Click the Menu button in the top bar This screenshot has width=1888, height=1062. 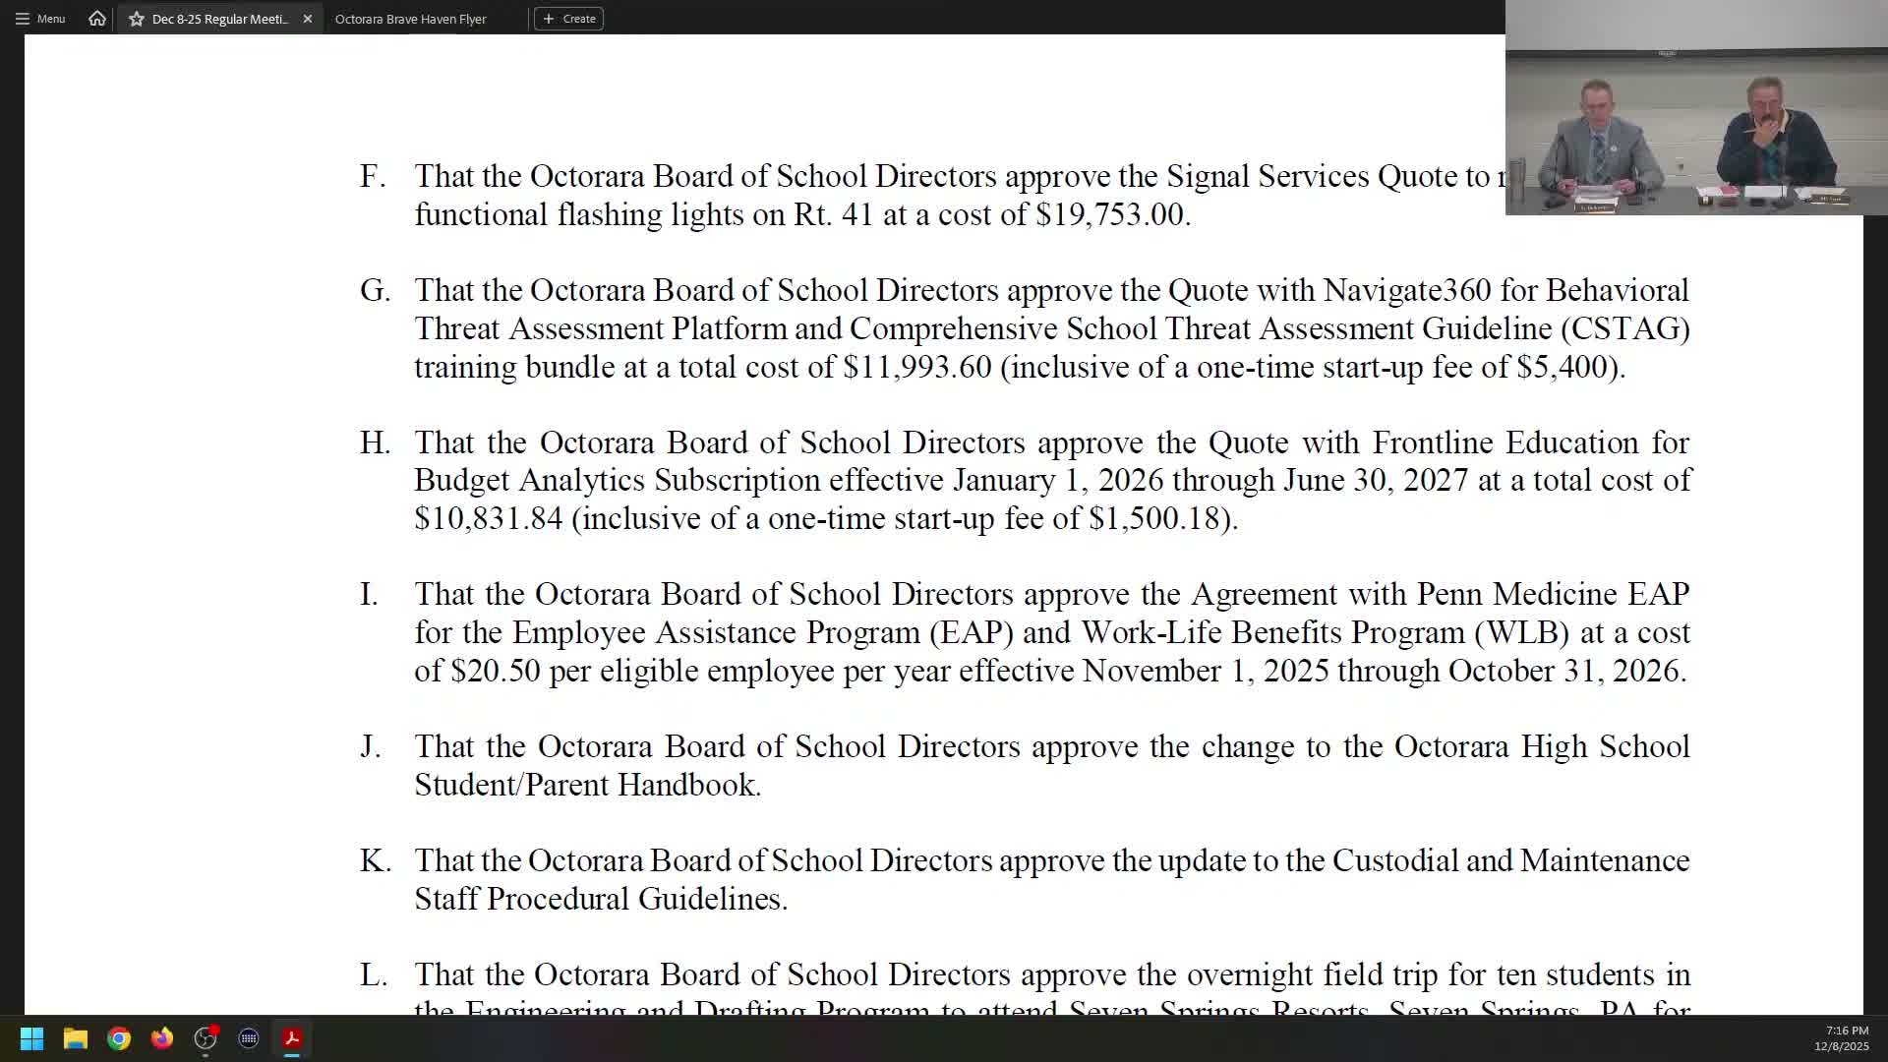pos(40,19)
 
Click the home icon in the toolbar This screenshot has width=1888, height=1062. pos(96,19)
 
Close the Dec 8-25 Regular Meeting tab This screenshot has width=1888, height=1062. pos(308,19)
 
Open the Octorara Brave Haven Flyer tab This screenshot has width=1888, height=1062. pos(410,19)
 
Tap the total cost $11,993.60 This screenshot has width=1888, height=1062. pos(916,368)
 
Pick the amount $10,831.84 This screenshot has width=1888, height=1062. pos(488,519)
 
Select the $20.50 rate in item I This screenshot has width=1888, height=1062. pos(495,672)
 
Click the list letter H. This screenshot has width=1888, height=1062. pos(375,443)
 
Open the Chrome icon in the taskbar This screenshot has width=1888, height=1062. pos(119,1038)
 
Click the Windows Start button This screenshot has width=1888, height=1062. pos(31,1038)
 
